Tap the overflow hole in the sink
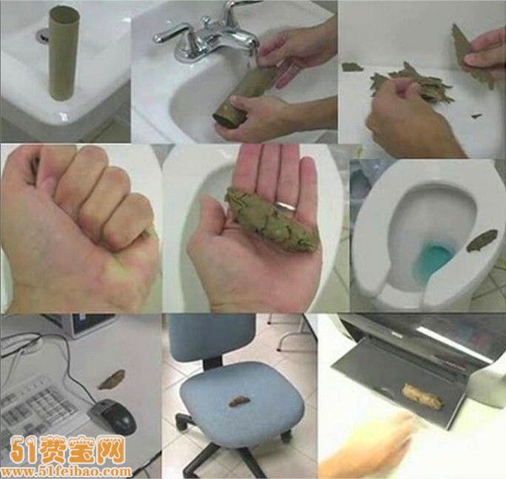pos(42,36)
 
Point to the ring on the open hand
pos(288,205)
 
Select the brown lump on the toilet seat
pos(485,239)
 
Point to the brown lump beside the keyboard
pos(111,379)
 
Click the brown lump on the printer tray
pos(419,393)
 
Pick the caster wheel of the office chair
pos(181,419)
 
